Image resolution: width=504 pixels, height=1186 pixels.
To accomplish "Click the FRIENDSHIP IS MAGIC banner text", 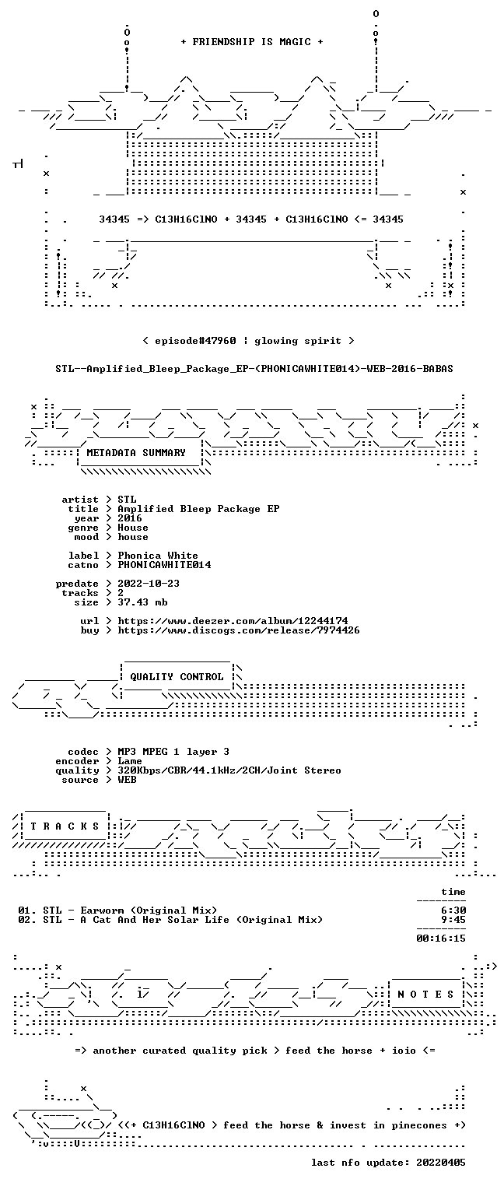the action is click(x=252, y=42).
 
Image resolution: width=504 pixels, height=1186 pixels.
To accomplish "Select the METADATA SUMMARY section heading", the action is click(x=136, y=453).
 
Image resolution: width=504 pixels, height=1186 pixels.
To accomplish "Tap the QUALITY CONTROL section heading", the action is click(x=177, y=676).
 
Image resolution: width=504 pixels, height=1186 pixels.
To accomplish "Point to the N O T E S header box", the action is click(x=425, y=994).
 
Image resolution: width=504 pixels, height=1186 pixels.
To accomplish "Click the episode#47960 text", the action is click(x=195, y=341).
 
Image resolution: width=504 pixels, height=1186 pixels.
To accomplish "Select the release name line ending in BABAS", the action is click(x=254, y=369).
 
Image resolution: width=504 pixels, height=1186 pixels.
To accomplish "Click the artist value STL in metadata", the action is click(x=127, y=500).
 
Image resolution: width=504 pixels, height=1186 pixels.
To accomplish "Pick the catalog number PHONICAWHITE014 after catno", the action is click(x=164, y=565).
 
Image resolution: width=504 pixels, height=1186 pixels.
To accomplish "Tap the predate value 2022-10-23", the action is click(x=149, y=584).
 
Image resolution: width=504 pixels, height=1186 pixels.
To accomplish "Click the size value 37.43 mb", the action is click(x=142, y=602).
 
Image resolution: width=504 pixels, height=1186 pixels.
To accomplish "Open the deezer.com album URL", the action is click(x=233, y=620).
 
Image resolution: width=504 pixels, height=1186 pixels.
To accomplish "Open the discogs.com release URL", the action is click(x=239, y=630).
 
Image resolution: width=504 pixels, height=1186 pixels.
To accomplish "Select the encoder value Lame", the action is click(x=130, y=761).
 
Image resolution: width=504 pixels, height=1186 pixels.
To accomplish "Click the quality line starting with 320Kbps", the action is click(x=229, y=770).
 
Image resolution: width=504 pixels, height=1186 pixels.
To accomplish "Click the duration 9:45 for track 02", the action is click(x=453, y=920).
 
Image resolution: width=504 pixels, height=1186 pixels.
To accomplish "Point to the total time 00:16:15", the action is click(x=441, y=939).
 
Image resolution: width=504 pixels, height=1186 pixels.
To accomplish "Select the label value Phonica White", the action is click(x=158, y=556).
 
